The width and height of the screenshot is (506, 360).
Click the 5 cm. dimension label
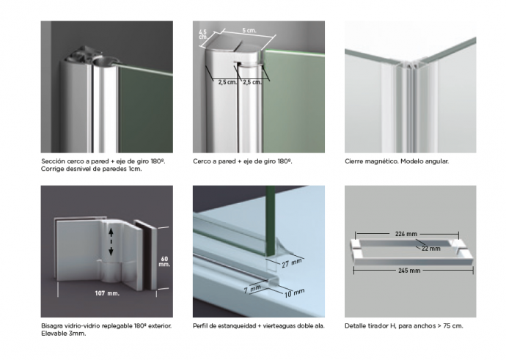[249, 30]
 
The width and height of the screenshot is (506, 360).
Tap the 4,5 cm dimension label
[202, 34]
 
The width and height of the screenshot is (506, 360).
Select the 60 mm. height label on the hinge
[164, 261]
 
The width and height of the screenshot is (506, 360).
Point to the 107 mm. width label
[107, 293]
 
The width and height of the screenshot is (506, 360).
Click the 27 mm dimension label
[292, 263]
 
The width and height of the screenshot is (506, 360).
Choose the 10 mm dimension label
[294, 293]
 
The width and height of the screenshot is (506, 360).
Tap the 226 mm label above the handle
[406, 234]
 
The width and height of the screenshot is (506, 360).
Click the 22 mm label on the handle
[431, 249]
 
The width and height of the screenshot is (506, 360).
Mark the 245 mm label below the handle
[409, 271]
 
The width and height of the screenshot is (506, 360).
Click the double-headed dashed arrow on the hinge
[111, 242]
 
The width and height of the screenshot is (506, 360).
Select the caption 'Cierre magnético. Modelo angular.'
[397, 161]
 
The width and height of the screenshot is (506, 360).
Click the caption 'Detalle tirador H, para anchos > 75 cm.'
[404, 326]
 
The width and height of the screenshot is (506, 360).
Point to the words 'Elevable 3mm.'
[64, 334]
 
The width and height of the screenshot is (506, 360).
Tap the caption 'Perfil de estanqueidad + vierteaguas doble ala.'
[258, 326]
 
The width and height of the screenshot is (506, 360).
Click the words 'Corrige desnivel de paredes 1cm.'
[92, 169]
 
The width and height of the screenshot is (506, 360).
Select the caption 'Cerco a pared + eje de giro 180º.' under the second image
[242, 161]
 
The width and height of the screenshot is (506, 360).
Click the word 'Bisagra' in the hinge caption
[52, 326]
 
